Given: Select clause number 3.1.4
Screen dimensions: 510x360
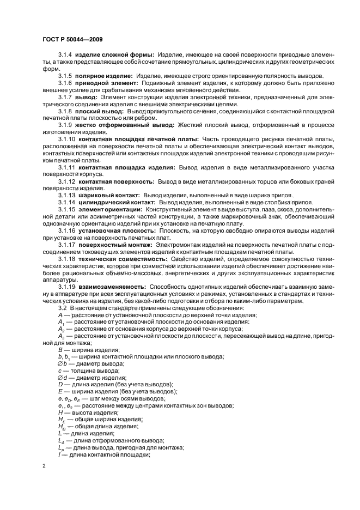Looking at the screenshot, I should pos(65,54).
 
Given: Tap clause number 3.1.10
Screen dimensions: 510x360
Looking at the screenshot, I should pos(67,139).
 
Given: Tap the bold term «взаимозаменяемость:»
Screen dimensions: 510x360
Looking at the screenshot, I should pos(112,286).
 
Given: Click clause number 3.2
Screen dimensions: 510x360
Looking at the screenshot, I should pos(62,308).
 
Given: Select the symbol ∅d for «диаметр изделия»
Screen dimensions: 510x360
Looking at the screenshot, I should pos(62,377).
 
